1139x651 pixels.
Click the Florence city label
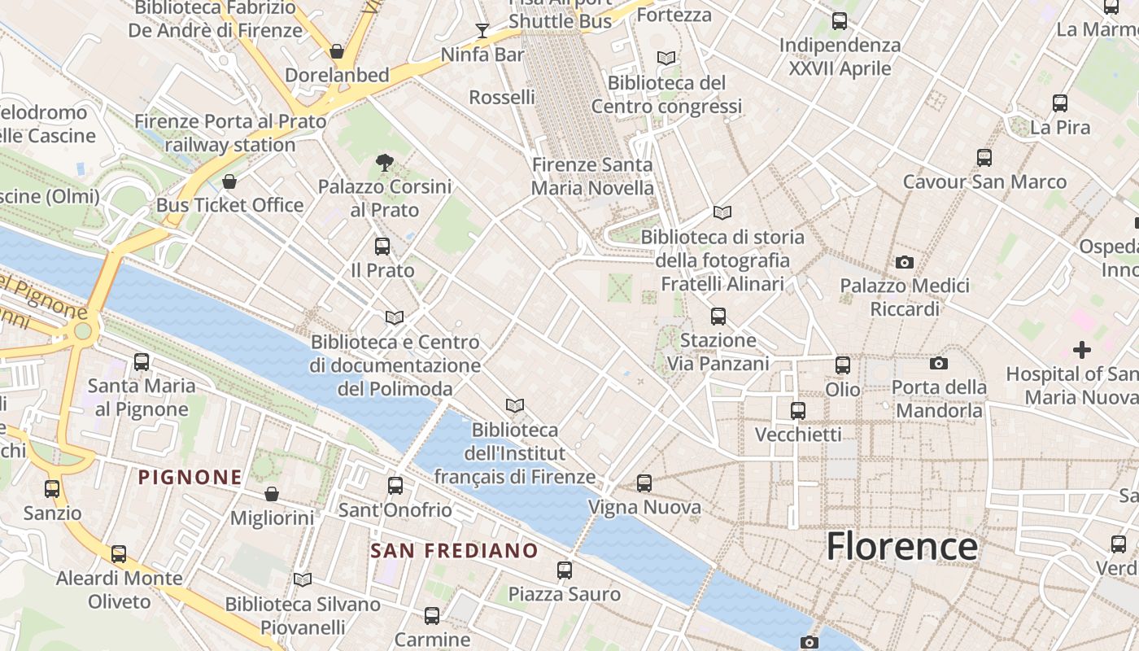point(901,546)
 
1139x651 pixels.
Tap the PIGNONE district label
point(190,477)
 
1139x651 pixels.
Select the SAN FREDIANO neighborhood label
point(454,551)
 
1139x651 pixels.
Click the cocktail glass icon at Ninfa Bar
point(482,31)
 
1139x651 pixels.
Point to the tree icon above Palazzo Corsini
point(385,163)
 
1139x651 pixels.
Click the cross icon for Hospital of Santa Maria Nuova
point(1081,350)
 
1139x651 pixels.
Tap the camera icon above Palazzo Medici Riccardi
point(904,262)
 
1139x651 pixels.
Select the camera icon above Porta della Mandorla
point(938,363)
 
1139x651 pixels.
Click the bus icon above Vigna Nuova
point(644,483)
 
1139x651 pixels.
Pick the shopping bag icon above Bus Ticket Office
point(229,181)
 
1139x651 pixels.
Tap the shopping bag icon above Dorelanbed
point(337,51)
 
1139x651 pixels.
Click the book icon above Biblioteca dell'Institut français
point(514,405)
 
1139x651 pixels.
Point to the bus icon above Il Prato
point(382,246)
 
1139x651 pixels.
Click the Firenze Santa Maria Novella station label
point(591,177)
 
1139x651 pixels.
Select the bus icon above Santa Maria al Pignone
point(142,361)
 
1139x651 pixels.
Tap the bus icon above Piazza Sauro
point(565,570)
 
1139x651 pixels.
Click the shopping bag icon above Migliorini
point(272,494)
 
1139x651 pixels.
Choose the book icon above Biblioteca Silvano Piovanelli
point(303,579)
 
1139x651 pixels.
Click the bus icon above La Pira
point(1059,103)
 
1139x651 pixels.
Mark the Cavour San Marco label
point(984,181)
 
